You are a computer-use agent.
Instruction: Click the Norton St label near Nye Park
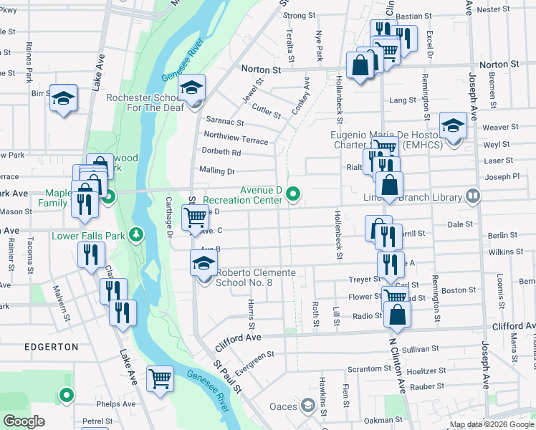pos(261,70)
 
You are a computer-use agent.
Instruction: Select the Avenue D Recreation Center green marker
pos(292,194)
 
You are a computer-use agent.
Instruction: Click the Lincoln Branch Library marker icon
pos(473,196)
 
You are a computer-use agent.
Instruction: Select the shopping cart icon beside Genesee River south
pos(159,377)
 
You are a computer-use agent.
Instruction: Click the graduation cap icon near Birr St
pos(63,97)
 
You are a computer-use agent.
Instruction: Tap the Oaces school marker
pos(307,406)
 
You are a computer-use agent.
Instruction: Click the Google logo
pos(24,421)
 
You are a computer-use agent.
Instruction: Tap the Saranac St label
pos(226,122)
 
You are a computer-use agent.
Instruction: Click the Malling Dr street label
pos(221,171)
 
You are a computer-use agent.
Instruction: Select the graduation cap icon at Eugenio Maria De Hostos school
pos(453,125)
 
